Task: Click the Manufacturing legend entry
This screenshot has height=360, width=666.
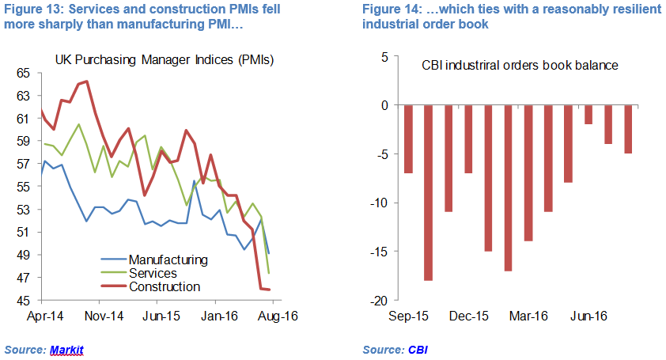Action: pyautogui.click(x=168, y=260)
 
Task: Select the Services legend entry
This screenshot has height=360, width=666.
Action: pyautogui.click(x=153, y=273)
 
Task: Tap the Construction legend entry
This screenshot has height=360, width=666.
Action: pyautogui.click(x=164, y=286)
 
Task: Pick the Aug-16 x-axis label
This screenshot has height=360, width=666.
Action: pyautogui.click(x=274, y=316)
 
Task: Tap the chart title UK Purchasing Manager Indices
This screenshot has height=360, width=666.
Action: pyautogui.click(x=164, y=60)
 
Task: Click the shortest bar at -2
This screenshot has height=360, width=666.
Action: pyautogui.click(x=588, y=115)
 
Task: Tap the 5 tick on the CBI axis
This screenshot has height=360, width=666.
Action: pyautogui.click(x=383, y=57)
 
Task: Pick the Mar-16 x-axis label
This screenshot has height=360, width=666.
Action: pyautogui.click(x=528, y=316)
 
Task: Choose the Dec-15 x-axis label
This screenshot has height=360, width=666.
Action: pyautogui.click(x=467, y=316)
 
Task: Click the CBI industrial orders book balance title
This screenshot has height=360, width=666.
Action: pyautogui.click(x=519, y=65)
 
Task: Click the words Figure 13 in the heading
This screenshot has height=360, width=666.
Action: pyautogui.click(x=30, y=10)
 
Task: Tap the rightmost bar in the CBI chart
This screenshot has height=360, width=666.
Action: pyautogui.click(x=628, y=129)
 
